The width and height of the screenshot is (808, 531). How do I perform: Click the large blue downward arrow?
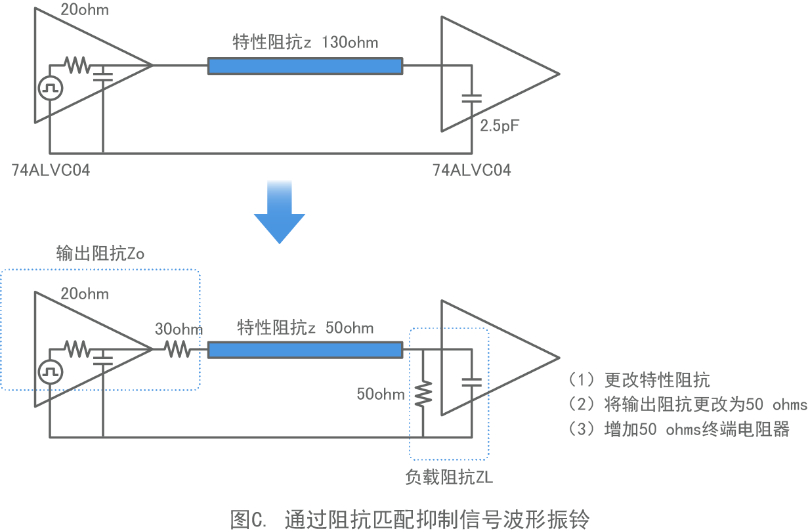(280, 213)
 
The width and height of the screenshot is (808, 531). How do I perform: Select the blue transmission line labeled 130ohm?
(305, 66)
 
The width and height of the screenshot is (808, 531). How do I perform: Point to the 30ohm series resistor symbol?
(179, 350)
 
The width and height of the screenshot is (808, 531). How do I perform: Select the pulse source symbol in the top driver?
(50, 88)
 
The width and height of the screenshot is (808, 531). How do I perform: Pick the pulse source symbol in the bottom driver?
(50, 372)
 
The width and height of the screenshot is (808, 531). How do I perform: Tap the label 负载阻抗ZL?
(449, 477)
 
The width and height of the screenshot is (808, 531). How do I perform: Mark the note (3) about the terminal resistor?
(679, 429)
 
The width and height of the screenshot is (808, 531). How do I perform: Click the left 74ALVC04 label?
(51, 171)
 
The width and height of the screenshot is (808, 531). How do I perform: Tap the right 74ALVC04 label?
(471, 171)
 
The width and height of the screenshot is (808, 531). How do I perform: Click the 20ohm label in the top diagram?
(85, 10)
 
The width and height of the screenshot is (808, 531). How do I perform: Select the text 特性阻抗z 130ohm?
(305, 43)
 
